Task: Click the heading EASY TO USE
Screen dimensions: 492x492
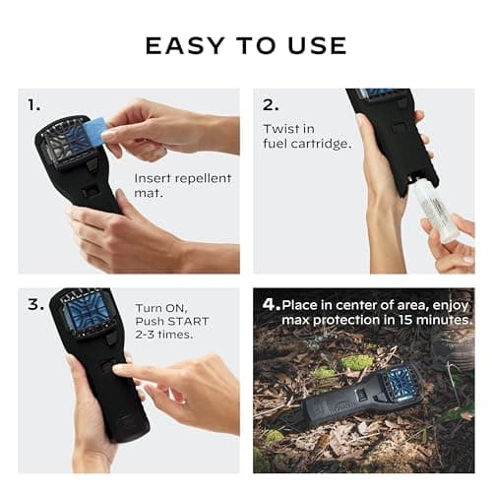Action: (246, 45)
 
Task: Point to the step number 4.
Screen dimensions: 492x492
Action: (268, 304)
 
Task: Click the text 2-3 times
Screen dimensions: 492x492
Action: (163, 336)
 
